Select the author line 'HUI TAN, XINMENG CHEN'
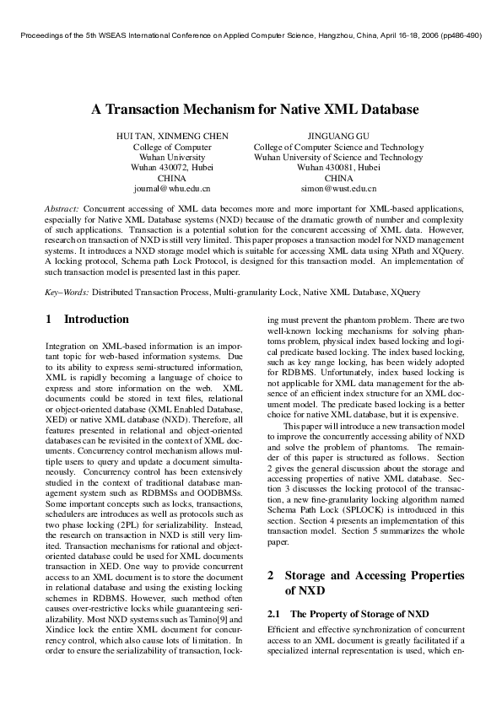(172, 136)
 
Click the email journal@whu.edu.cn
(172, 189)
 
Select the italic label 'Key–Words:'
(67, 293)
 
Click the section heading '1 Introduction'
(87, 320)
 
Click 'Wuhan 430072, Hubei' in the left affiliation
(172, 168)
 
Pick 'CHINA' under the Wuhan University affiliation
(172, 179)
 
